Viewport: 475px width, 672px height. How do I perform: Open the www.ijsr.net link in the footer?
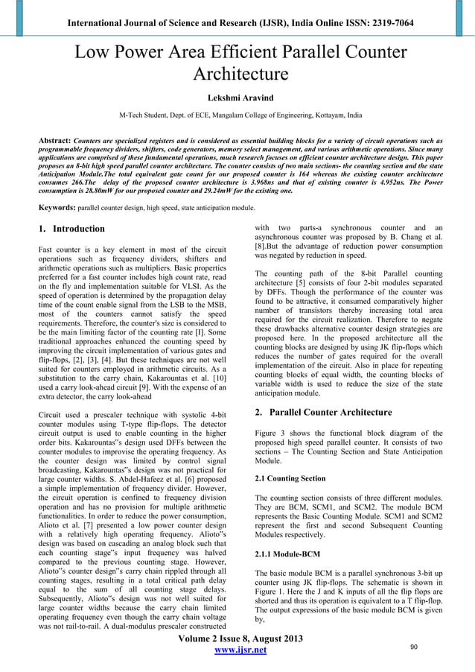(238, 650)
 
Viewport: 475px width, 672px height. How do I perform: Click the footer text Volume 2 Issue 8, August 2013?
(238, 638)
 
